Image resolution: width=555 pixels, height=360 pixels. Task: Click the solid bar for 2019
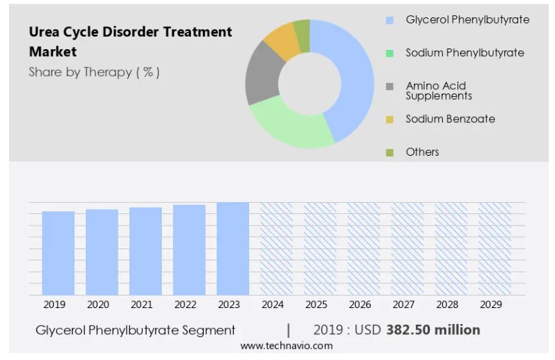click(58, 253)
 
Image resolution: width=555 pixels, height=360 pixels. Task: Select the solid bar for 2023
click(233, 249)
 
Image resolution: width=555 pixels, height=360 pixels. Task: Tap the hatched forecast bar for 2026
click(363, 249)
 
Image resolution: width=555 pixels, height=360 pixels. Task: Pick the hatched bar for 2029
click(495, 249)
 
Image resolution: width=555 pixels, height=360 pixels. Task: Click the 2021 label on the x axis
click(142, 305)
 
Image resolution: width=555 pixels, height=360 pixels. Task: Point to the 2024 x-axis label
click(273, 305)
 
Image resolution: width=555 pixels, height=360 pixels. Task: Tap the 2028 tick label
click(447, 305)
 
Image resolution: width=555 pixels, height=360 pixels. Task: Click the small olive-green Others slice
click(303, 35)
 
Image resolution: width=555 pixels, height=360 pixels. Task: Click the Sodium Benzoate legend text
click(451, 119)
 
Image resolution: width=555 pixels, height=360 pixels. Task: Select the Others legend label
click(422, 152)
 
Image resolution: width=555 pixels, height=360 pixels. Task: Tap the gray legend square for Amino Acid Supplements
click(390, 87)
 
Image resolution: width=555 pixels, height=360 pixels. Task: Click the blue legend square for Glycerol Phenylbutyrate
click(390, 20)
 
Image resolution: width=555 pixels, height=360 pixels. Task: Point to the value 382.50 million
click(433, 330)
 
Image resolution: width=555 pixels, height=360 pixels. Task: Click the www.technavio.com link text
click(286, 346)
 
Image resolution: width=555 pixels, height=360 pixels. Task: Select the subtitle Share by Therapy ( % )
click(94, 72)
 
